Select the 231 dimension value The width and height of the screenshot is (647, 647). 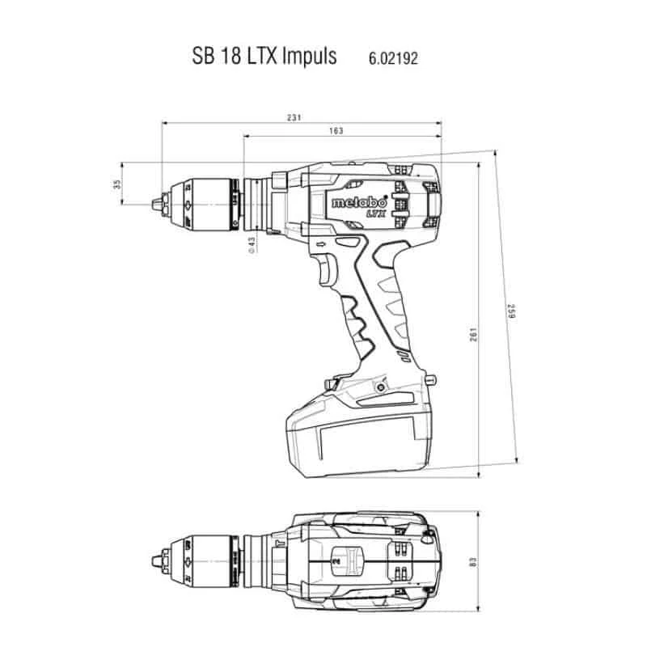[x=295, y=117]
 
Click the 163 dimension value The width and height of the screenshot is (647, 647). [x=336, y=131]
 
